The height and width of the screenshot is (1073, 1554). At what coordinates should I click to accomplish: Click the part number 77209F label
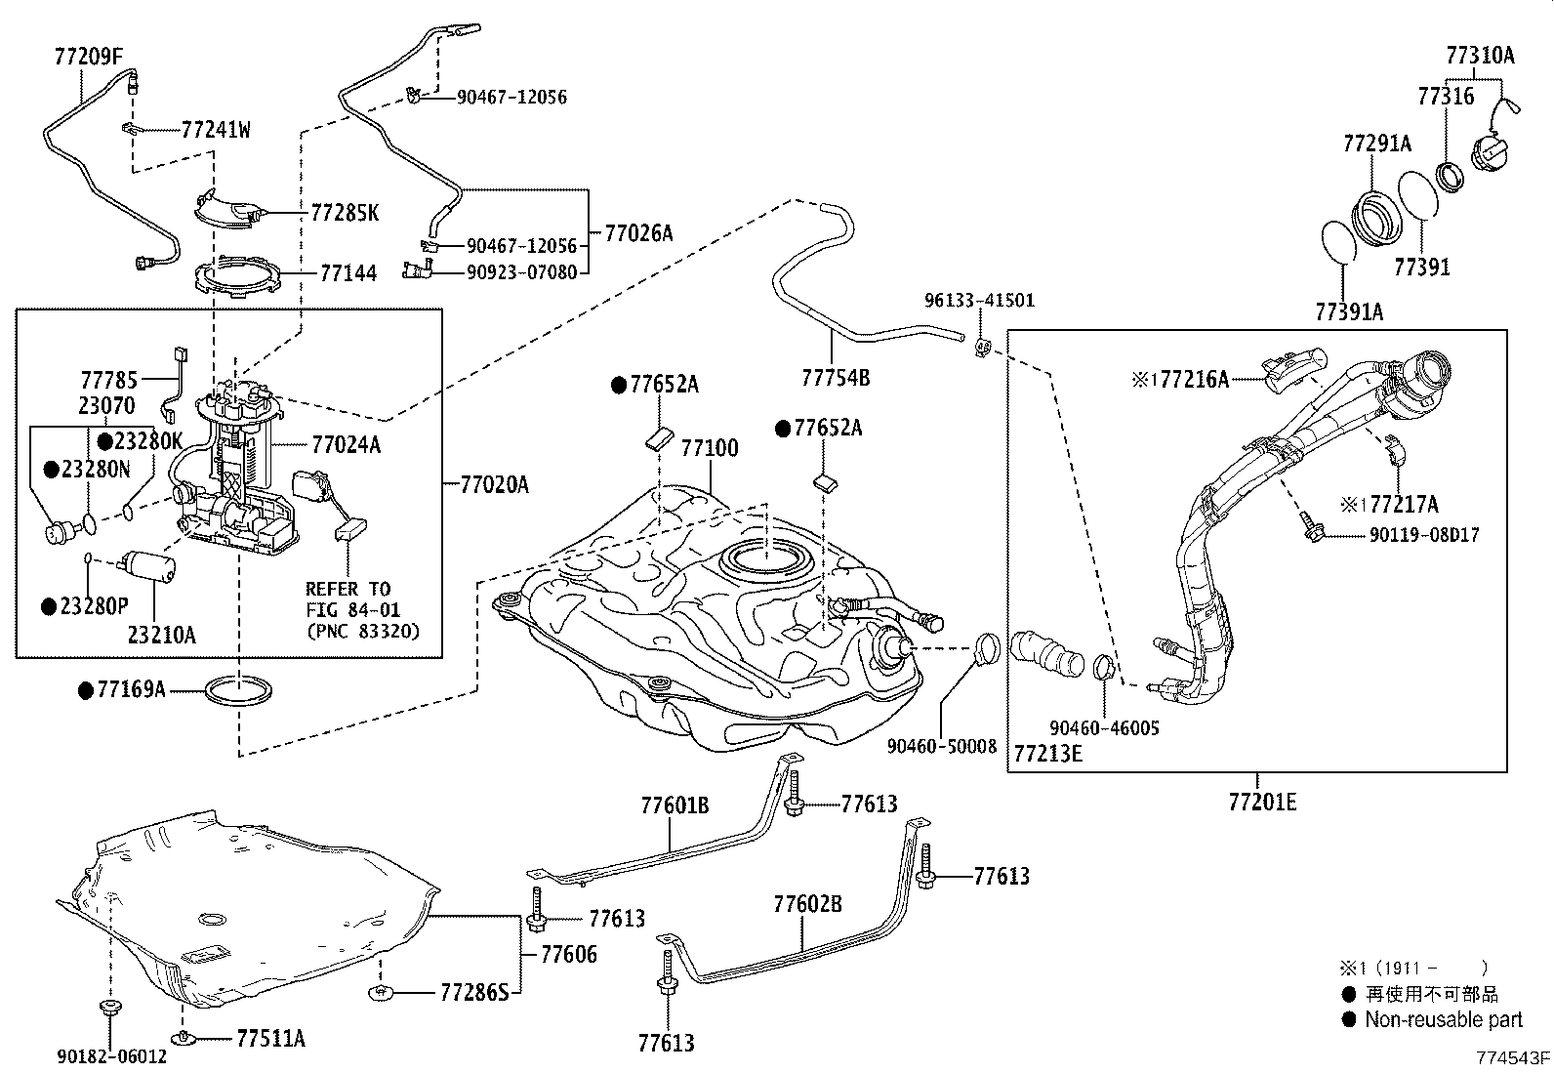coord(88,58)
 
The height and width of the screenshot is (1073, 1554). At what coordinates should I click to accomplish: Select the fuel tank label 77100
coord(710,448)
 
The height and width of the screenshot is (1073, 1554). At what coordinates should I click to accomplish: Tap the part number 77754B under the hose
coord(836,377)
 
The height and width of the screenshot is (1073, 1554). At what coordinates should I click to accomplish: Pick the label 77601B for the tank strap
coord(675,805)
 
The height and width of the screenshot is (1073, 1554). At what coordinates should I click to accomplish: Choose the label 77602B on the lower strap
coord(807,904)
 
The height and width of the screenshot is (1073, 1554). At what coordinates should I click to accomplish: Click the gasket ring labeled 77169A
coord(239,691)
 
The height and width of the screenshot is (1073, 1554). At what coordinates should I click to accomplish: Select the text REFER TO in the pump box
coord(348,589)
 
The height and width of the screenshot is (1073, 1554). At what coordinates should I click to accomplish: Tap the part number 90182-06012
coord(111,1056)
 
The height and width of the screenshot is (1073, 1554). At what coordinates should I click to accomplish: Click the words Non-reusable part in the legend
coord(1443,1020)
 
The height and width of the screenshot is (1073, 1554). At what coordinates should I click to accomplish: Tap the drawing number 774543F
coord(1512,1057)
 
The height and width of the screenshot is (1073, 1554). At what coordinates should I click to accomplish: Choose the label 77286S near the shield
coord(474,993)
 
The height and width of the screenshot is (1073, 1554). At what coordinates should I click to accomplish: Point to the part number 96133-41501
coord(979,302)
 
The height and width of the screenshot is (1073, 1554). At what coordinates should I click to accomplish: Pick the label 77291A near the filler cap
coord(1376,144)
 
